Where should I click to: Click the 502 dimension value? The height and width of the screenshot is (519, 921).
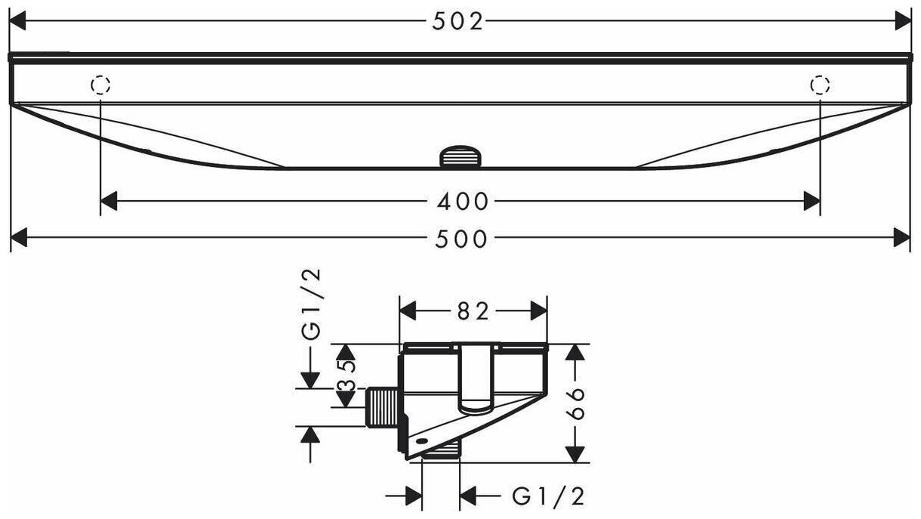pos(457,22)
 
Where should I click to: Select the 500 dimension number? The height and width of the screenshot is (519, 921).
pos(462,239)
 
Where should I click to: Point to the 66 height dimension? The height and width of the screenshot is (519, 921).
pos(576,403)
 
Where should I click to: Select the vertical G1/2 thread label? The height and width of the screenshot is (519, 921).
pos(312,305)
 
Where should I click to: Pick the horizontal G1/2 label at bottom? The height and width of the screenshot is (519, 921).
pos(548,496)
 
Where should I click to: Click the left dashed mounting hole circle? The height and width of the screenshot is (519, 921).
pos(100,85)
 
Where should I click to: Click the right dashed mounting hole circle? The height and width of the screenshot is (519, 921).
pos(820,85)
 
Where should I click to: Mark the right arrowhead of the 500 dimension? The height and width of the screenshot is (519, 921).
pos(904,239)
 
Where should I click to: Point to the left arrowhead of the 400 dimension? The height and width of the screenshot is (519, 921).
pos(109,202)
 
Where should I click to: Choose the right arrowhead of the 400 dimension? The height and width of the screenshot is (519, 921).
pos(812,202)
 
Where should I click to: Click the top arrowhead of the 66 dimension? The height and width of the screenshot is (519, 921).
pos(576,352)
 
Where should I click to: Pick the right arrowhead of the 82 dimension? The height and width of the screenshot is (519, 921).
pos(539,310)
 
